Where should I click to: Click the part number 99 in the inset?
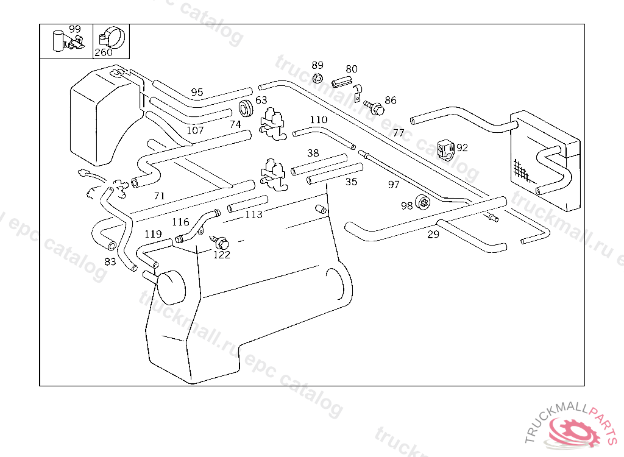(x=74, y=29)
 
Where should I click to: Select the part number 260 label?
(x=103, y=52)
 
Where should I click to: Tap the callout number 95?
(x=197, y=92)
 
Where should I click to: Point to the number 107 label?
(x=195, y=130)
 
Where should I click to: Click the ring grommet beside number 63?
(x=246, y=108)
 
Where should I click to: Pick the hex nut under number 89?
(x=317, y=77)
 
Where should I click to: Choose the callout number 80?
(x=352, y=69)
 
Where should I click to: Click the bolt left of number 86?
(x=377, y=110)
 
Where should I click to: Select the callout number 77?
(x=399, y=132)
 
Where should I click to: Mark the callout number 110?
(x=318, y=119)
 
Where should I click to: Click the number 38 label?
(x=313, y=153)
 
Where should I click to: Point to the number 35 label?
(x=352, y=182)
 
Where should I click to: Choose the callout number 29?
(x=433, y=234)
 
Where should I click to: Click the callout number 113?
(x=253, y=214)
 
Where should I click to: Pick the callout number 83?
(x=110, y=262)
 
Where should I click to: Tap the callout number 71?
(x=159, y=196)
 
